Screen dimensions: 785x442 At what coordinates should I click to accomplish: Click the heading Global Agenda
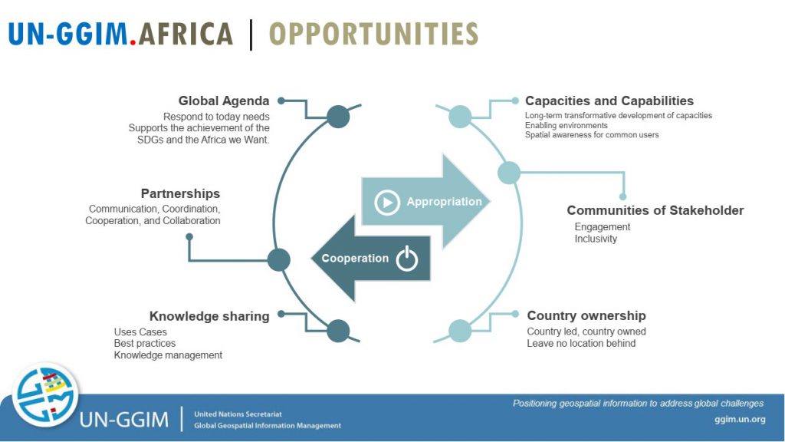pos(224,101)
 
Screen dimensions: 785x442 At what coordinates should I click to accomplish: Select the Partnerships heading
pos(180,193)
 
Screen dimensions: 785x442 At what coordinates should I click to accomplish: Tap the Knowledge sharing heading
pos(209,316)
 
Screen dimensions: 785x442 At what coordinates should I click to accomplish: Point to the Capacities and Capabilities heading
pos(609,101)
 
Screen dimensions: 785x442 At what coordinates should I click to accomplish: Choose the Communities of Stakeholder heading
pos(655,210)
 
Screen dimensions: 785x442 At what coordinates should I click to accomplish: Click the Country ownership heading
pos(586,315)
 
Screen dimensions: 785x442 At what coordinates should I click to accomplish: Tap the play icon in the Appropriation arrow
pos(387,203)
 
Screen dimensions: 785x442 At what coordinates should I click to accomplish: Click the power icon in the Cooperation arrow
pos(407,259)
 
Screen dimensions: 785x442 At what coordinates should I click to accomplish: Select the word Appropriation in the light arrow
pos(444,202)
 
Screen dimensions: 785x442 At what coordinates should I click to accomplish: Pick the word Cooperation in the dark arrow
pos(355,258)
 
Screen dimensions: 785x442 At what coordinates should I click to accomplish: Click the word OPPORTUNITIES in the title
pos(373,34)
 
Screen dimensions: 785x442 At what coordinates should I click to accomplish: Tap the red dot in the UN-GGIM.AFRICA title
pos(133,43)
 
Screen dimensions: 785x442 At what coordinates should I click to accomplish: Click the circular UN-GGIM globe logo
pos(45,395)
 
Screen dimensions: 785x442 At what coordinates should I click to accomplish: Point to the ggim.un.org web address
pos(740,420)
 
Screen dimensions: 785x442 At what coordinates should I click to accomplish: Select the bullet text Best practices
pos(145,343)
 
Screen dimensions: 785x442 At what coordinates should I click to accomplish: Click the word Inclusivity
pos(596,239)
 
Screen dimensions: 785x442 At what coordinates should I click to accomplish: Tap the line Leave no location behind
pos(581,343)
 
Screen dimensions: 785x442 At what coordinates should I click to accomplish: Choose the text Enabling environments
pos(567,125)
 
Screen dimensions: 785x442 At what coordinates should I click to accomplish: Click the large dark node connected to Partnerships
pos(279,260)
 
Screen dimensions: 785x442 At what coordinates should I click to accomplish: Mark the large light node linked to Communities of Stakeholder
pos(509,173)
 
